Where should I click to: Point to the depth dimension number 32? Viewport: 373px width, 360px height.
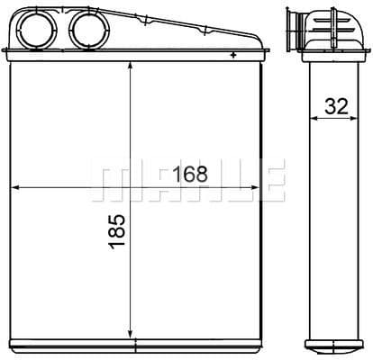tap(337, 105)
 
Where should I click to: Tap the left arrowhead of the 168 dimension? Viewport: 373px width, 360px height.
tap(15, 187)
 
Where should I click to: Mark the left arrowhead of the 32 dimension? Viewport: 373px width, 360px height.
tap(313, 118)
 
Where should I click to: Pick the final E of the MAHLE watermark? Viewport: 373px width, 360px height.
tap(271, 181)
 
